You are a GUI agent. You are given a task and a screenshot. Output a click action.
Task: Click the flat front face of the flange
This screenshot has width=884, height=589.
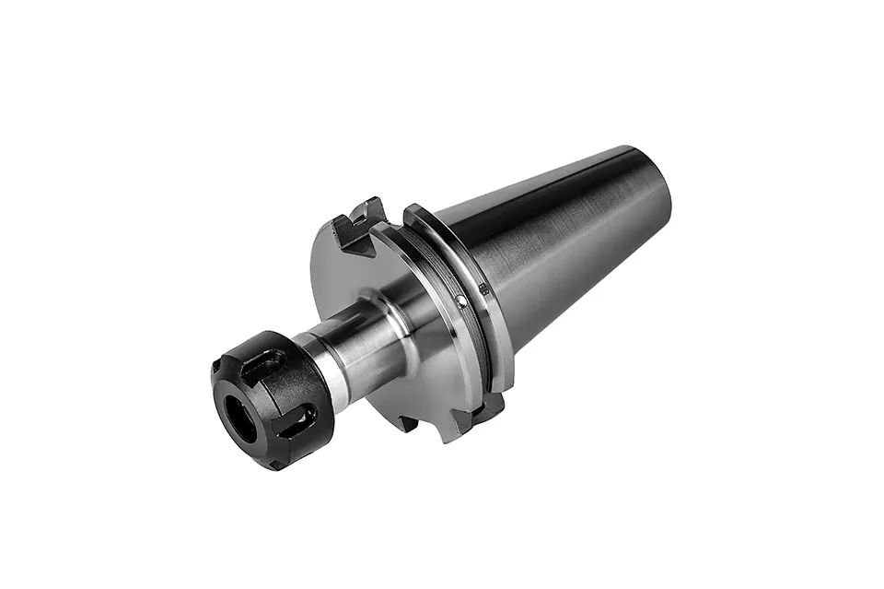(x=368, y=277)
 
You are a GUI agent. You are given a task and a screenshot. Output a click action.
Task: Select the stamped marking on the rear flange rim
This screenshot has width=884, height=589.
(x=483, y=289)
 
